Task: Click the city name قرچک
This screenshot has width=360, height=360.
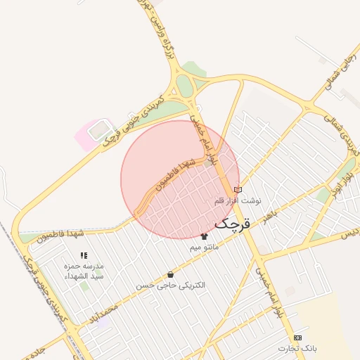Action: pyautogui.click(x=232, y=224)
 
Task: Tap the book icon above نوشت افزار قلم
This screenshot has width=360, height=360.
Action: pyautogui.click(x=237, y=190)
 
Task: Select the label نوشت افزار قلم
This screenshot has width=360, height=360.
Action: pyautogui.click(x=237, y=201)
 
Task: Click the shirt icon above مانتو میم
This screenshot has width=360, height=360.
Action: pyautogui.click(x=205, y=236)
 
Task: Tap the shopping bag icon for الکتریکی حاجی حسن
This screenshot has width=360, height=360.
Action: pyautogui.click(x=170, y=274)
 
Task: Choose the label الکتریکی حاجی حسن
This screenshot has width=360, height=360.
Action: pyautogui.click(x=171, y=285)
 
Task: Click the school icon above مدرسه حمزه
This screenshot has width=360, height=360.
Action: pyautogui.click(x=84, y=256)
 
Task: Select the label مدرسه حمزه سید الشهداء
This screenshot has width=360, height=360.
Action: pyautogui.click(x=84, y=271)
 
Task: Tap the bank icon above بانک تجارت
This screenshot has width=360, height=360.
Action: pyautogui.click(x=297, y=337)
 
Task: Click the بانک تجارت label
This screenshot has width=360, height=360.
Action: pyautogui.click(x=297, y=349)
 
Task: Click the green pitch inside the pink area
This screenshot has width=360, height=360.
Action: pyautogui.click(x=100, y=129)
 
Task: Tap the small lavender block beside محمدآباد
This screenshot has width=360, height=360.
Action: pyautogui.click(x=104, y=323)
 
